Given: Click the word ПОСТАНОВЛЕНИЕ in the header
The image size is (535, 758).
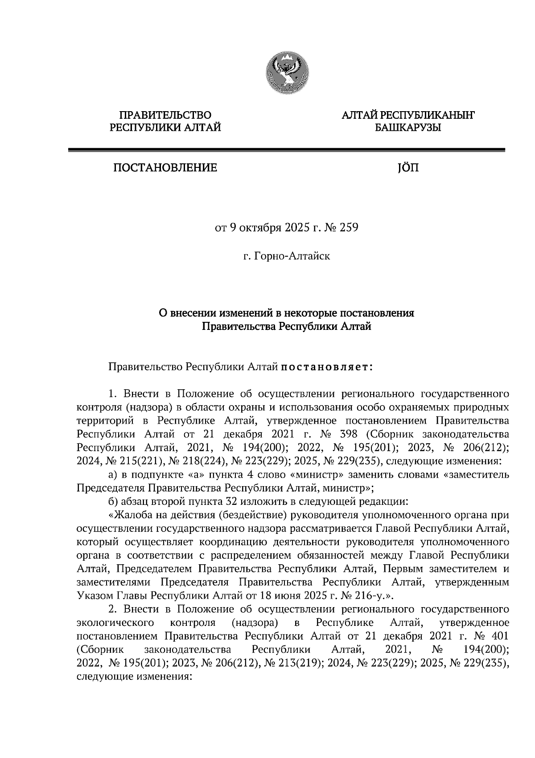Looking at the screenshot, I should (165, 168).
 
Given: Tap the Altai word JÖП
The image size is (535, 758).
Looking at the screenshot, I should (407, 168).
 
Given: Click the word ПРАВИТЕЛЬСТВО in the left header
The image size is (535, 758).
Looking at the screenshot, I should (165, 116).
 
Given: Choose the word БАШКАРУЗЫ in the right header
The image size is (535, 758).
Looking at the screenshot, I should (407, 129).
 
